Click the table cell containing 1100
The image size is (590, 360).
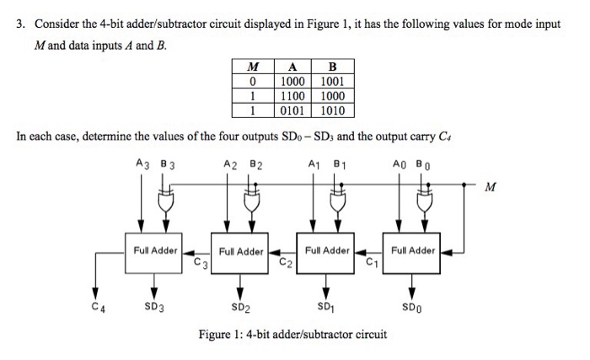coord(293,96)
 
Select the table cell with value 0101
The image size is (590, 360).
coord(293,110)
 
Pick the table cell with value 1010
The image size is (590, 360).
coord(337,110)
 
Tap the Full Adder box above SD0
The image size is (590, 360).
coord(413,251)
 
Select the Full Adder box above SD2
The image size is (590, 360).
coord(240,251)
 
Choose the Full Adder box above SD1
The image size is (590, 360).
coord(327,251)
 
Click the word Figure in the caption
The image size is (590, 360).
coord(216,335)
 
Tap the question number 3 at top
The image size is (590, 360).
coord(20,24)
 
